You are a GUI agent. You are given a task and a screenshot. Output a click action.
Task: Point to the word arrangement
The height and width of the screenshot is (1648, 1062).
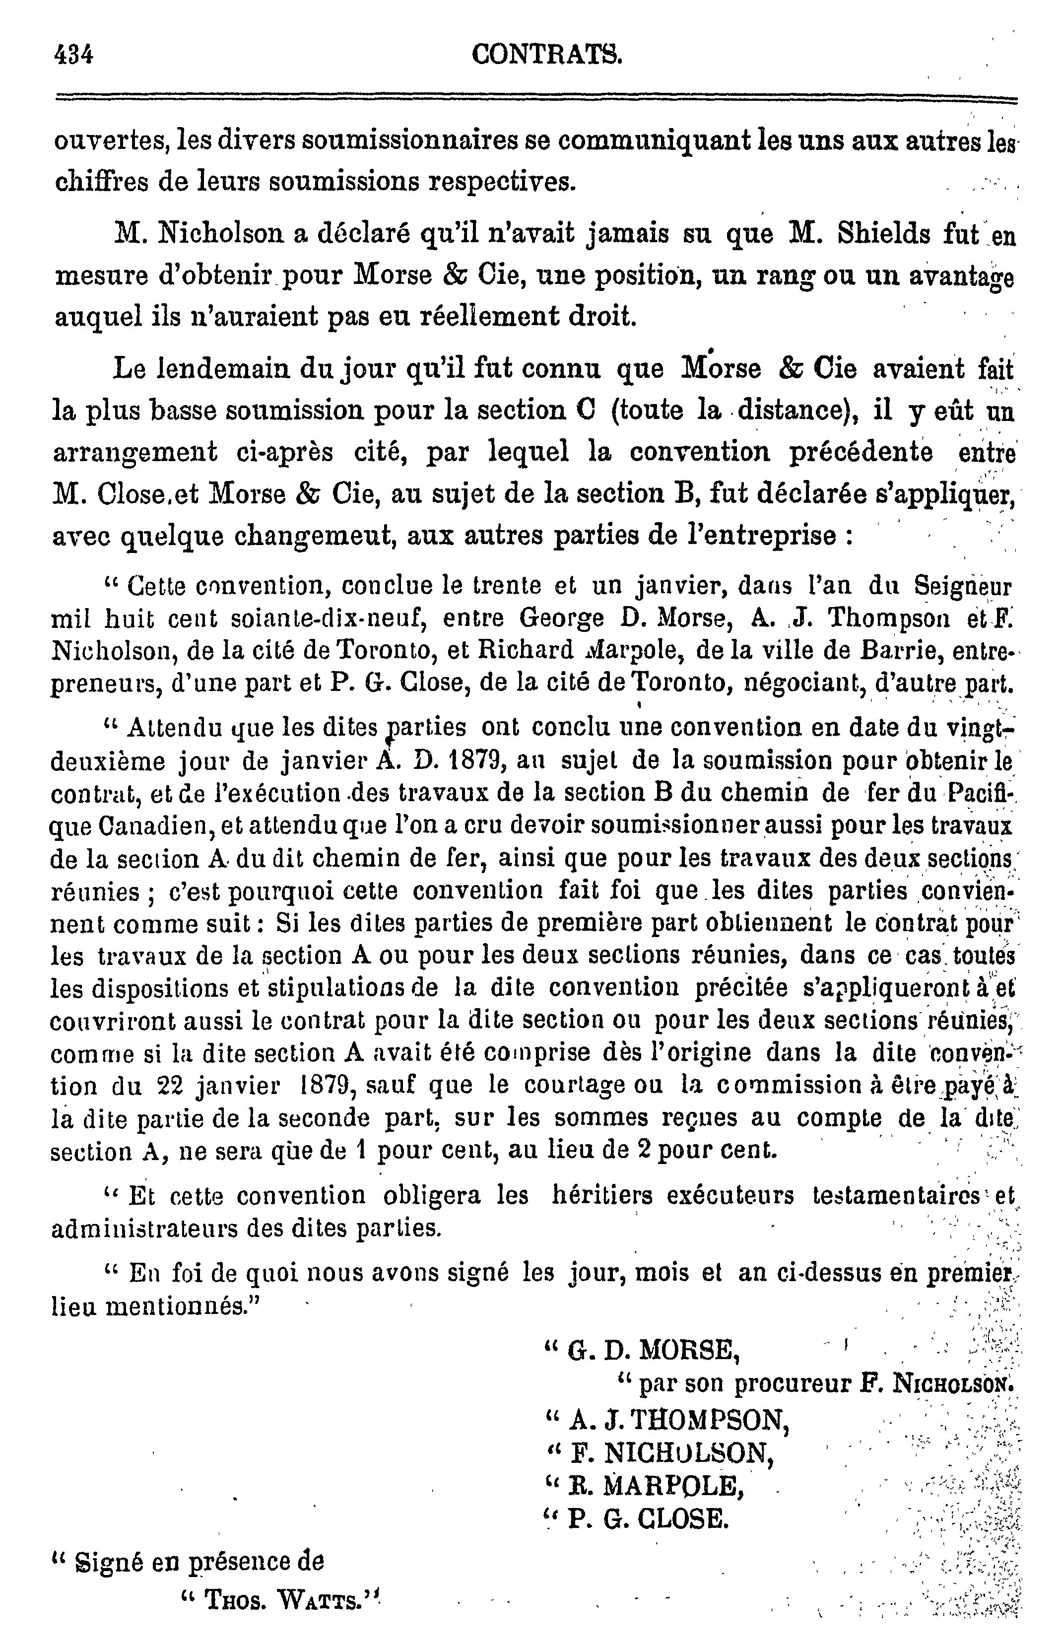[x=135, y=453]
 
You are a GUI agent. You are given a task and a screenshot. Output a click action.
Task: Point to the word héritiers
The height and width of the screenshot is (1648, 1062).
[x=602, y=1195]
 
